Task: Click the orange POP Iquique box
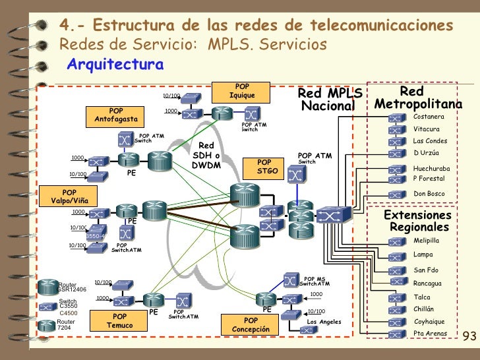(242, 92)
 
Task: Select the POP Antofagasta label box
(116, 115)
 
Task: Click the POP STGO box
(264, 166)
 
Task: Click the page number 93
(469, 336)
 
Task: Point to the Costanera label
(429, 117)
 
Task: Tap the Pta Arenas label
(430, 334)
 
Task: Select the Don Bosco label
(429, 194)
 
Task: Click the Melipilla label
(426, 241)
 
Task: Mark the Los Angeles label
(324, 322)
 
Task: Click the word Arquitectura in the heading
(115, 65)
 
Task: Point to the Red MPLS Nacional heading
(329, 100)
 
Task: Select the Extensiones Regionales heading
(418, 222)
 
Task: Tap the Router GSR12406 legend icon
(48, 286)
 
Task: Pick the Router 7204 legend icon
(48, 324)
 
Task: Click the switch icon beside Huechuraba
(396, 169)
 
